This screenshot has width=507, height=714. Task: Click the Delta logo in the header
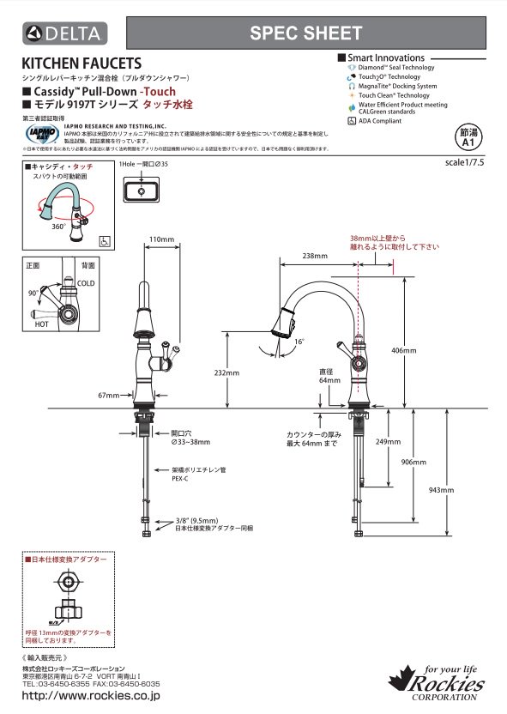(63, 33)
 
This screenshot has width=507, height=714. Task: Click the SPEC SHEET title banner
(305, 33)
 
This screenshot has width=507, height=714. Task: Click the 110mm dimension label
(161, 238)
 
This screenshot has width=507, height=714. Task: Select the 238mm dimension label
(315, 256)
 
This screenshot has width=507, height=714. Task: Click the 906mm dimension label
(413, 462)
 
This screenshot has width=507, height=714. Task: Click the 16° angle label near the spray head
(299, 342)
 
